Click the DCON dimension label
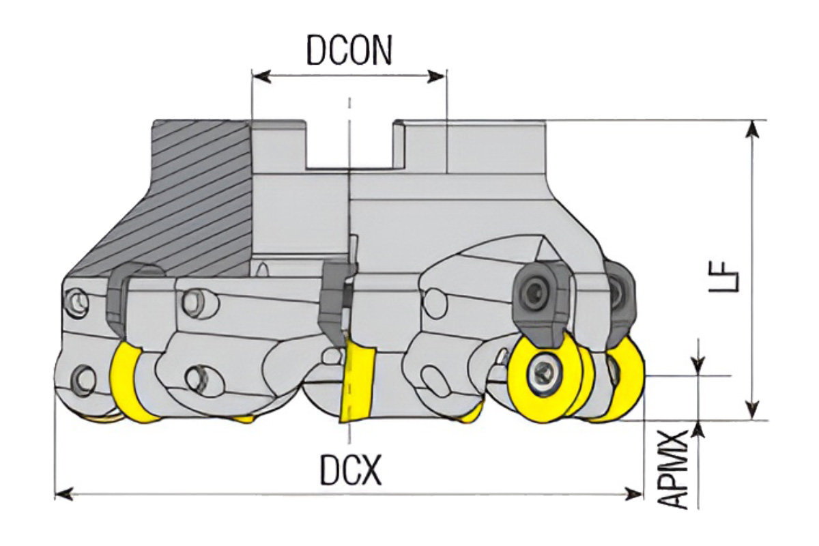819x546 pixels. coord(349,51)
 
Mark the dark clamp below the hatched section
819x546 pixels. coord(121,300)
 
